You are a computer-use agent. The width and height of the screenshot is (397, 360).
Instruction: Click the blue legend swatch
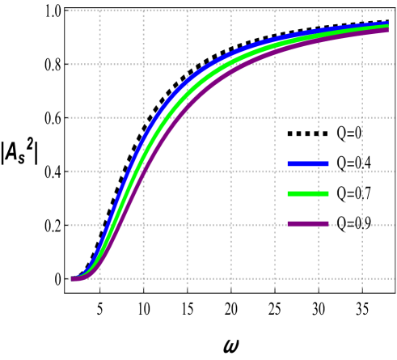[308, 164]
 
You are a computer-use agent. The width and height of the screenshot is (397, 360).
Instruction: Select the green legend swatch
[308, 194]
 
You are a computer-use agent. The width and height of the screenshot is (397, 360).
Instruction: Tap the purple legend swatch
[308, 224]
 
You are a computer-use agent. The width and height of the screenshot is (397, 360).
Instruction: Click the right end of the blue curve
[388, 23]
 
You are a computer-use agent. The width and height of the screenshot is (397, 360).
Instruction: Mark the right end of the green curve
[388, 27]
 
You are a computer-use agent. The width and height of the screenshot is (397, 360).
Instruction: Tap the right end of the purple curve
[388, 31]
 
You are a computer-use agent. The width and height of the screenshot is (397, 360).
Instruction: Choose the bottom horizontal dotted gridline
[243, 278]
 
